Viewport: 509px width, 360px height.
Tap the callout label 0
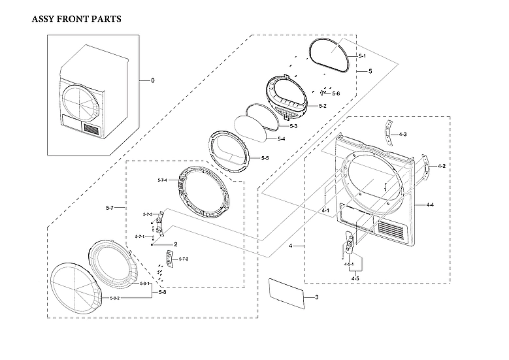pyautogui.click(x=153, y=80)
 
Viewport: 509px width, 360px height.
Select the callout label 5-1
pyautogui.click(x=362, y=57)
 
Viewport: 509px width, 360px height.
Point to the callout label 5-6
pyautogui.click(x=336, y=94)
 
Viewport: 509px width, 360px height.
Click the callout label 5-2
pyautogui.click(x=323, y=106)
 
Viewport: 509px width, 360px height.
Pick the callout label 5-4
pyautogui.click(x=281, y=139)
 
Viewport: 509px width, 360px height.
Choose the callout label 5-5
pyautogui.click(x=265, y=158)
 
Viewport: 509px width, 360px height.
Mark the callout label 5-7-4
pyautogui.click(x=163, y=180)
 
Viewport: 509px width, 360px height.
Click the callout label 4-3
pyautogui.click(x=403, y=134)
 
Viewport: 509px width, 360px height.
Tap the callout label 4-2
pyautogui.click(x=442, y=166)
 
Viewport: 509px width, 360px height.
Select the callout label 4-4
pyautogui.click(x=430, y=205)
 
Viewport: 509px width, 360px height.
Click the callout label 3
pyautogui.click(x=316, y=298)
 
